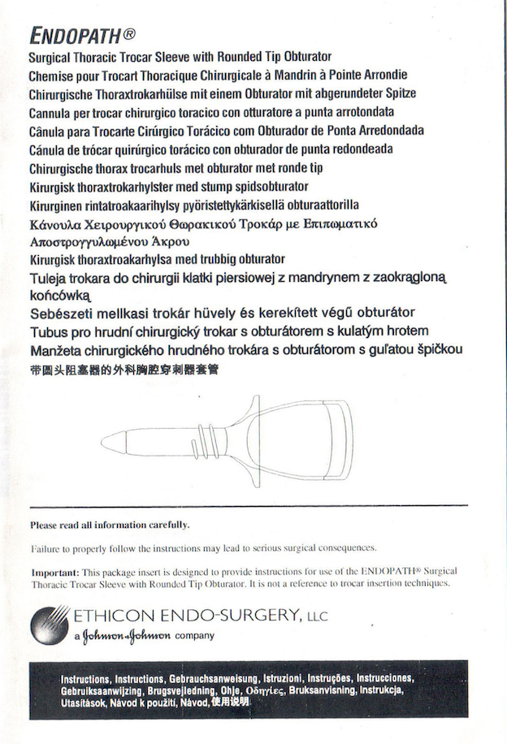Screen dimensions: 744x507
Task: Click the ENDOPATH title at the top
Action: pyautogui.click(x=76, y=36)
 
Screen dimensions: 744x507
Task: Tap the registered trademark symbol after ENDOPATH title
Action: pyautogui.click(x=129, y=35)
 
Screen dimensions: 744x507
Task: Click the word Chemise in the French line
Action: pyautogui.click(x=52, y=75)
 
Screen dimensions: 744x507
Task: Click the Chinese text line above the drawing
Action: pyautogui.click(x=123, y=370)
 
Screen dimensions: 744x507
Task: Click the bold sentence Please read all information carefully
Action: pyautogui.click(x=110, y=525)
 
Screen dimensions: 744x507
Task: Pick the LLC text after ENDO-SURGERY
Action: pyautogui.click(x=317, y=618)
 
